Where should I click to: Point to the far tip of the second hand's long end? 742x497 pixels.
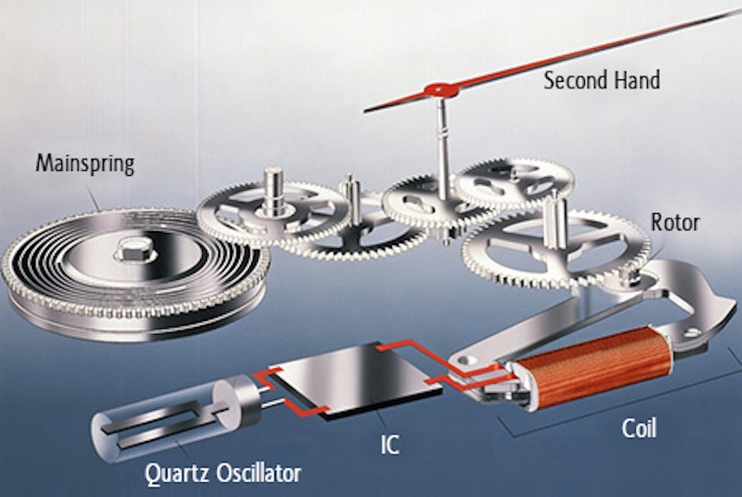739,9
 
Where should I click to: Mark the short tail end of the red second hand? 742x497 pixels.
364,111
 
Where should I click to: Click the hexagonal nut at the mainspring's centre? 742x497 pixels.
135,249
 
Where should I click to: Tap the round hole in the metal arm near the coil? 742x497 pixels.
468,361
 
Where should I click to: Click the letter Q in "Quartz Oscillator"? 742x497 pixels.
154,474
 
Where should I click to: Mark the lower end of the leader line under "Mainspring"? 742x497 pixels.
99,211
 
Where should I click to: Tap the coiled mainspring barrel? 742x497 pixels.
135,274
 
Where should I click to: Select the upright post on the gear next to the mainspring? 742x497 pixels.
274,191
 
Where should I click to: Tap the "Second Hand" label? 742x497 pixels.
601,80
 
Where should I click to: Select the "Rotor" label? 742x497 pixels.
675,223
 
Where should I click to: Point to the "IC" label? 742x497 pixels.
390,444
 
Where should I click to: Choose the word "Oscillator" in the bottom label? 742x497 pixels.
258,472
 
